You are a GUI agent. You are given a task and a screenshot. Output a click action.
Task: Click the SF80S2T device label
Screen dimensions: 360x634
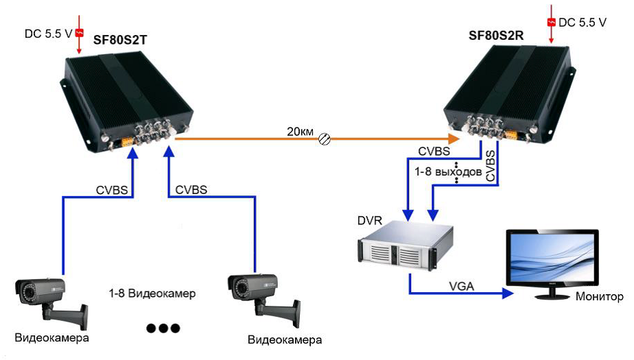121,40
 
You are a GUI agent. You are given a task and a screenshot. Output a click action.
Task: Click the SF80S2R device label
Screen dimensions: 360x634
495,34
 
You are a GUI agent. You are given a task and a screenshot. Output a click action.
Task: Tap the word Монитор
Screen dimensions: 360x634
599,297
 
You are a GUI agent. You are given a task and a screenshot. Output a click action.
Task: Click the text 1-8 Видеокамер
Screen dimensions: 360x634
152,293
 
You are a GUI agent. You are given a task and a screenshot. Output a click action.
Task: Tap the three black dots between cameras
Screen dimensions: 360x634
163,328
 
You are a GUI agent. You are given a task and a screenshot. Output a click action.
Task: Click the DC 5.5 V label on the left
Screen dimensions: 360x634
49,32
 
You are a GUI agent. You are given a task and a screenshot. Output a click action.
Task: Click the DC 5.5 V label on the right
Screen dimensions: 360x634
583,23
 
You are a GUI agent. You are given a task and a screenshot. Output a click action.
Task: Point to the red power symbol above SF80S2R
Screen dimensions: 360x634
550,22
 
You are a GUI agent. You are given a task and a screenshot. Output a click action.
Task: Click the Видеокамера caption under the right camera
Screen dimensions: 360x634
285,339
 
